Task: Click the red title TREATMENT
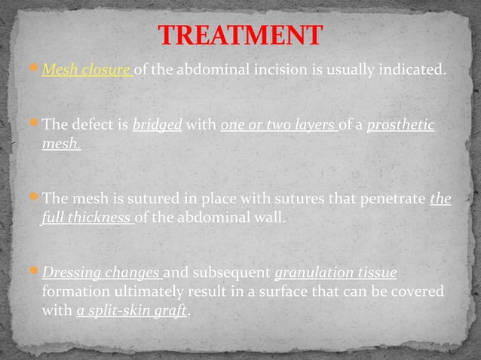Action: point(240,35)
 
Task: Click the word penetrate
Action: point(389,200)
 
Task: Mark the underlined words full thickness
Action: point(86,218)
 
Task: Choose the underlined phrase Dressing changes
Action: point(100,272)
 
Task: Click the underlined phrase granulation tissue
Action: point(335,272)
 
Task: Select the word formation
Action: point(75,291)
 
